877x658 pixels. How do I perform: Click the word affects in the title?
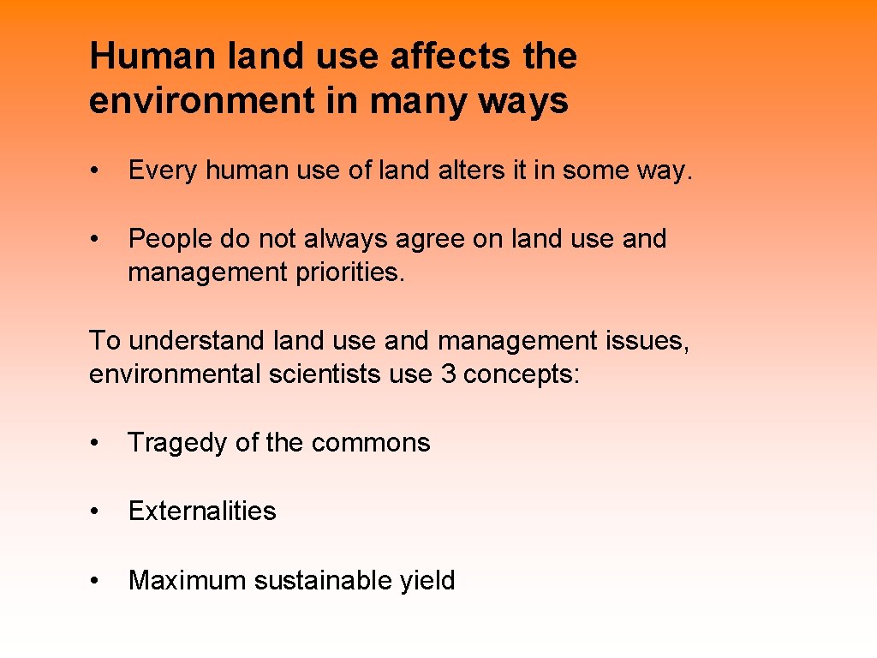(x=440, y=57)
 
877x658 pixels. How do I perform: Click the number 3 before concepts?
(x=448, y=375)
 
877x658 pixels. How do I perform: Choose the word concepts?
(x=522, y=375)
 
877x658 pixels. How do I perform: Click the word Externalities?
(x=202, y=511)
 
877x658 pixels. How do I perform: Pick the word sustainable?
(x=323, y=581)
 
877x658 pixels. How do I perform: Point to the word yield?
(x=427, y=581)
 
